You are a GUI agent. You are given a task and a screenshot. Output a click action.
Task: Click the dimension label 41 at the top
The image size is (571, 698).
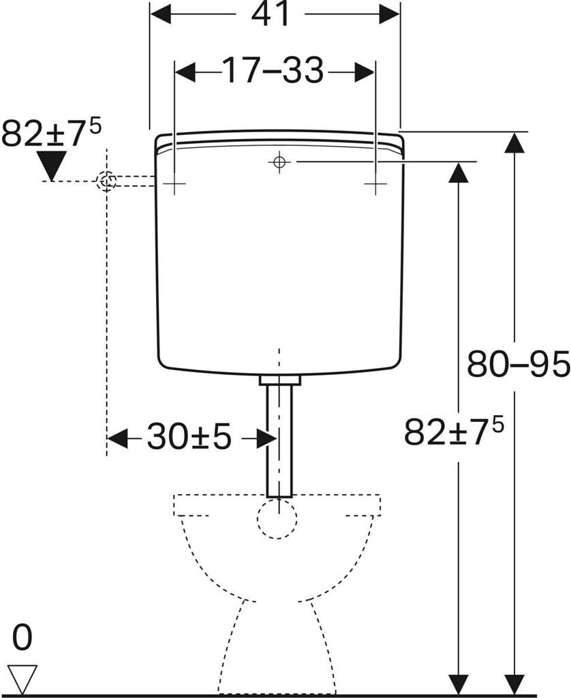tap(271, 14)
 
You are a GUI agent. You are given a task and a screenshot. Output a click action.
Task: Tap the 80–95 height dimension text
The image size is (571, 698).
tap(518, 365)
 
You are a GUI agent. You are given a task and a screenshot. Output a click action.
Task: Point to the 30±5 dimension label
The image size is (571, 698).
tap(189, 438)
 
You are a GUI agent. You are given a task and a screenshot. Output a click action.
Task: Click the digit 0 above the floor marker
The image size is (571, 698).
tap(22, 639)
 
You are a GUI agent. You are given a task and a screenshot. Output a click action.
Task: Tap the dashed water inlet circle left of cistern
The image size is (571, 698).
tap(107, 181)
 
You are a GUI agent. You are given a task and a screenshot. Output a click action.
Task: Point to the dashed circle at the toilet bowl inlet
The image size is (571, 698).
tap(277, 518)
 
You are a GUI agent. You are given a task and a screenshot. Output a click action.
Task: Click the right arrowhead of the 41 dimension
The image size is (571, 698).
tap(390, 14)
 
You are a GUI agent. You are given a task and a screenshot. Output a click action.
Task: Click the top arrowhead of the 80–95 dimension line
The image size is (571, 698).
tap(514, 142)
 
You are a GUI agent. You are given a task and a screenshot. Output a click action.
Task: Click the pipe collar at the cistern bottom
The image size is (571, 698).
tap(279, 379)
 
